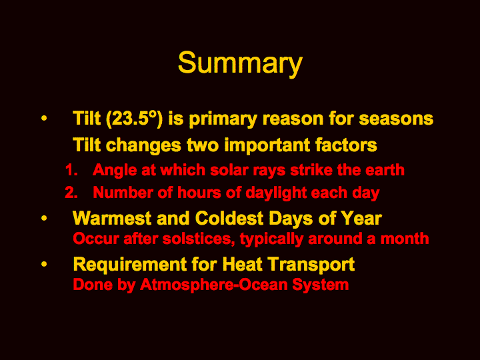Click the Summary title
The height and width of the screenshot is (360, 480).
240,63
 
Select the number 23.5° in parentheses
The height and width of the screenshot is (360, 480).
135,118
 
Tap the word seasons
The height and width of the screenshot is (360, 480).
396,119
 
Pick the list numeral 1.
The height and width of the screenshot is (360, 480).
71,169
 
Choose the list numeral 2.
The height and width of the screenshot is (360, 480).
71,193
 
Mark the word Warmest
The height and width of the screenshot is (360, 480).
112,218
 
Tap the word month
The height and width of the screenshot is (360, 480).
405,239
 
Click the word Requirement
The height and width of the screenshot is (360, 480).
130,265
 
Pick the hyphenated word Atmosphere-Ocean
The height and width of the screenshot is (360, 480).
214,285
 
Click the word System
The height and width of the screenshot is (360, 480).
321,285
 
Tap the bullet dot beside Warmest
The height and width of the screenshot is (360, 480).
44,218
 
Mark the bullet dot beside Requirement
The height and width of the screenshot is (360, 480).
44,264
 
